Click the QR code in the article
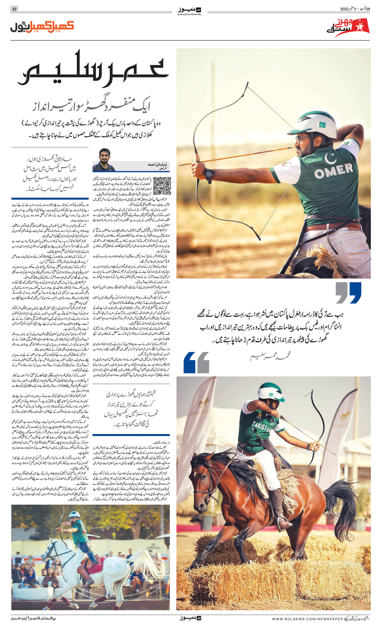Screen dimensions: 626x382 162,185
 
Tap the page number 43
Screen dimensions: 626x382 14,9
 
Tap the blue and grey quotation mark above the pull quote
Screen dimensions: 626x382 348,293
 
